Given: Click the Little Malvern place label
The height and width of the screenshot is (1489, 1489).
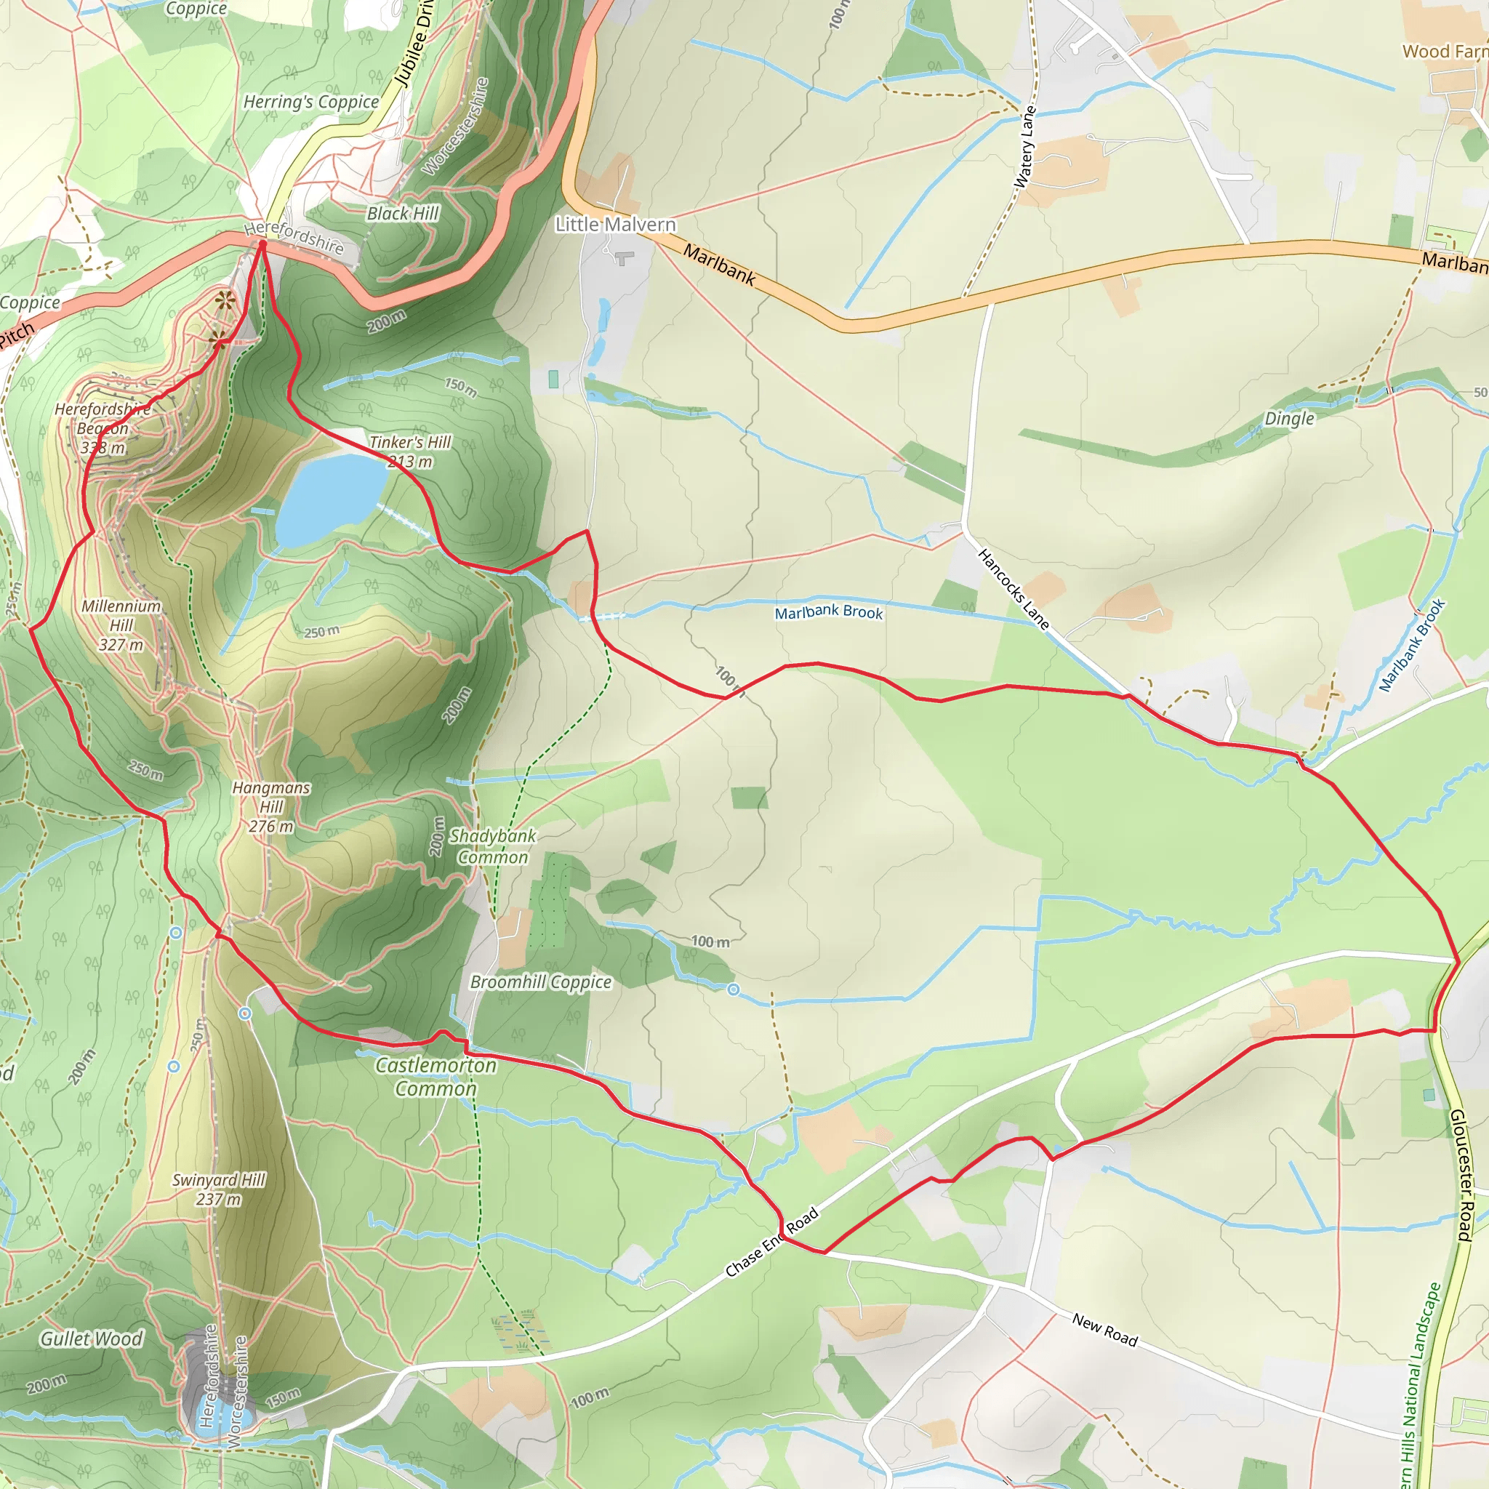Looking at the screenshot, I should pos(615,224).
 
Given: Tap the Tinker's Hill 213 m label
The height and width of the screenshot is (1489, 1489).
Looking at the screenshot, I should pos(410,451).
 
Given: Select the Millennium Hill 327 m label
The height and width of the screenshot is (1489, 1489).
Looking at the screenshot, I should pos(121,625).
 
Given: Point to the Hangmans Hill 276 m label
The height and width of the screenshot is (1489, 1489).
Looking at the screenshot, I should pos(271,807).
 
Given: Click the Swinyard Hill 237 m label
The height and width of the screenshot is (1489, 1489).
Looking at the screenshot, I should pos(218,1189).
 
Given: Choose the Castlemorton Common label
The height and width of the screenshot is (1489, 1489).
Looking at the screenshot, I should pos(436,1077).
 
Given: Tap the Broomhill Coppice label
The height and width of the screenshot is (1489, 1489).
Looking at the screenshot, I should pos(540,982).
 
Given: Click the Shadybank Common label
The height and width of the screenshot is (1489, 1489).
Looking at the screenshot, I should pos(492,846).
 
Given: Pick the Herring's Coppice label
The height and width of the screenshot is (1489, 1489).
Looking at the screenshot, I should pos(310,102).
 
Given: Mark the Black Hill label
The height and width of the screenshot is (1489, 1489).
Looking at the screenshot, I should pos(402,214).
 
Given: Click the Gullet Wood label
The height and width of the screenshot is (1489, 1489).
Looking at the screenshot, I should pos(91,1339).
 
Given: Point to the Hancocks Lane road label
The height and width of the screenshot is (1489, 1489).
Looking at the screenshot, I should pos(1014,589).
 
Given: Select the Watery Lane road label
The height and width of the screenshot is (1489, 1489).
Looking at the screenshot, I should pos(1025,146).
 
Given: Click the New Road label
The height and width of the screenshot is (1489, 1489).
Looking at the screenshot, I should pos(1104,1331).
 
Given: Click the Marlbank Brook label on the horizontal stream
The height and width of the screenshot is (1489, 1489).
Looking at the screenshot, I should pos(829,612).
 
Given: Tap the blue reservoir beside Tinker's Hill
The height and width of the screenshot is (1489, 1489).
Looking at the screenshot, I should pos(330,498).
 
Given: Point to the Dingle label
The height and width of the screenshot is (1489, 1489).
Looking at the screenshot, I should pos(1288,419).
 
